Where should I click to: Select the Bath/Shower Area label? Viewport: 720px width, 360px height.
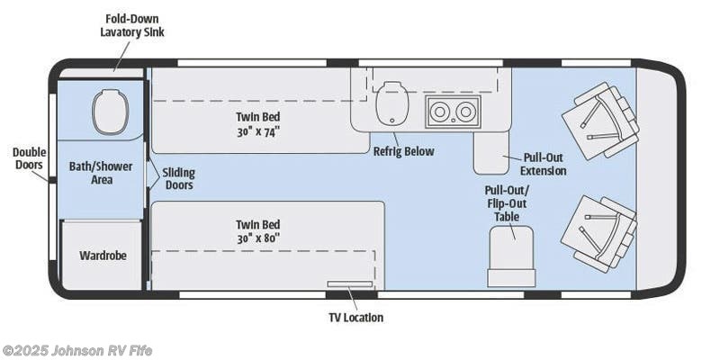(91, 173)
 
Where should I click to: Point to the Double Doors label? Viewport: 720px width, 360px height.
(29, 158)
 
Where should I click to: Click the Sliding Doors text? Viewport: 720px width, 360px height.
(179, 178)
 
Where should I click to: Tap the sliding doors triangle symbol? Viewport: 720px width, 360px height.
(153, 173)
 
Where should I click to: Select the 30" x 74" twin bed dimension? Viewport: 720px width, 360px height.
(258, 130)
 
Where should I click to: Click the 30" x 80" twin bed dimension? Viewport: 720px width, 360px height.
(258, 238)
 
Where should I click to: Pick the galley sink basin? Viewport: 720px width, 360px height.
(390, 103)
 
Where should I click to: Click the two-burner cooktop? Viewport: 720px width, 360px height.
(452, 112)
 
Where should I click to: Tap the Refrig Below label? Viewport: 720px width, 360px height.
(403, 151)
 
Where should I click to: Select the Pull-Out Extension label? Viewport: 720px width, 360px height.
(544, 164)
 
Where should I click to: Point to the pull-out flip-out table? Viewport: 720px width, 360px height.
(511, 256)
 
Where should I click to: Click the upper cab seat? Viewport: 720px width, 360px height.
(599, 121)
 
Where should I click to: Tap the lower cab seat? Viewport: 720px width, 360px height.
(598, 232)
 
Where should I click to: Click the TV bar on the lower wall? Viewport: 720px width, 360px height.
(351, 284)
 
